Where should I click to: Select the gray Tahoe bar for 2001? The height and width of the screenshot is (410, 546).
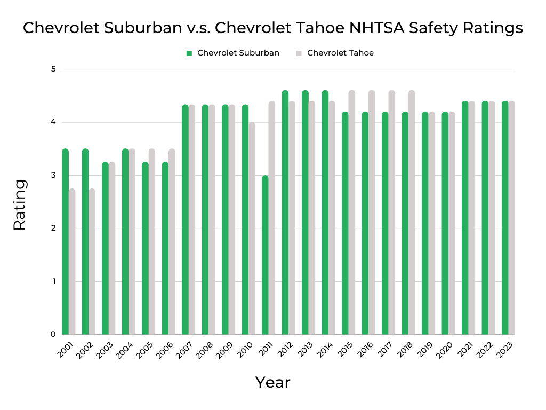pyautogui.click(x=72, y=262)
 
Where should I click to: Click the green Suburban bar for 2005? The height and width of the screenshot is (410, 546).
pyautogui.click(x=145, y=248)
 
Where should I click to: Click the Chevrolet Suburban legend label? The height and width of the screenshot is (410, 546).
pyautogui.click(x=238, y=53)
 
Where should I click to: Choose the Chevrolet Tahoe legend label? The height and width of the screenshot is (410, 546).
pyautogui.click(x=340, y=53)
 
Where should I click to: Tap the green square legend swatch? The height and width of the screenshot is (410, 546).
pyautogui.click(x=189, y=53)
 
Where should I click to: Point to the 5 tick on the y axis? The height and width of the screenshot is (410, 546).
pyautogui.click(x=54, y=69)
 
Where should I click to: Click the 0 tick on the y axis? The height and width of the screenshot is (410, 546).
pyautogui.click(x=54, y=335)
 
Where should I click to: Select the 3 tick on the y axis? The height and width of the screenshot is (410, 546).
pyautogui.click(x=54, y=175)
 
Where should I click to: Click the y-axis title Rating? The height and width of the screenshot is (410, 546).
pyautogui.click(x=19, y=204)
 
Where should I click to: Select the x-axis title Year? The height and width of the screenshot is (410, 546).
pyautogui.click(x=272, y=382)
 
